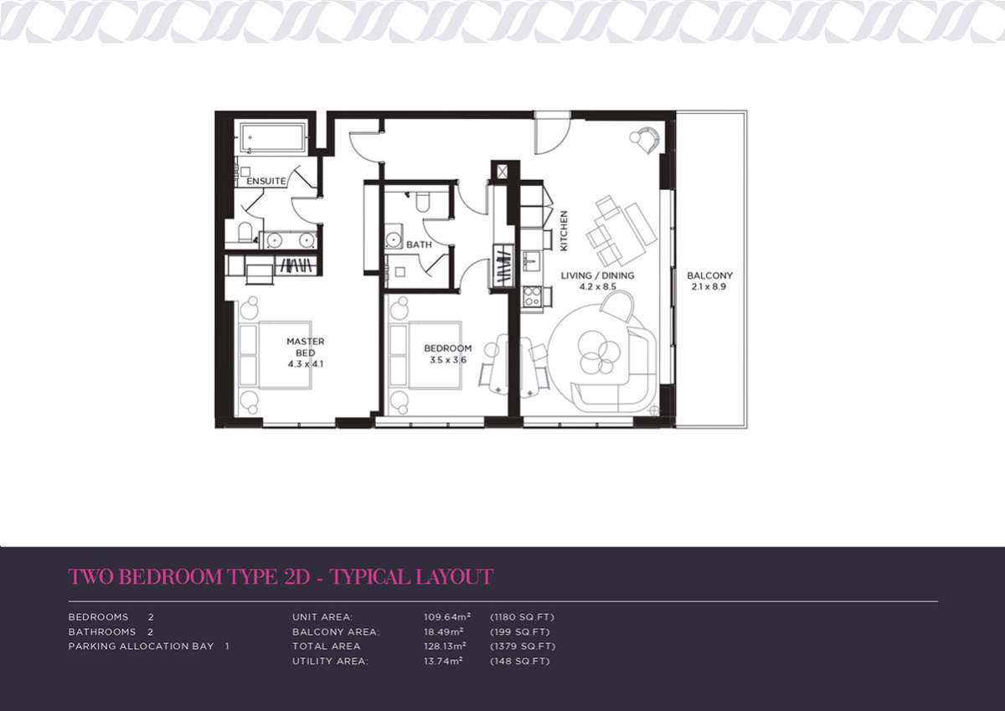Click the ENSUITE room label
(x=266, y=181)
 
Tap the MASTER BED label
(x=306, y=348)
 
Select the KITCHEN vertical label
(x=564, y=231)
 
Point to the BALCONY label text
(x=710, y=276)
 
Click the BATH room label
(x=419, y=245)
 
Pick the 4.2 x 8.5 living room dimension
(x=598, y=286)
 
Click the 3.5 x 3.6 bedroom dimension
(x=448, y=360)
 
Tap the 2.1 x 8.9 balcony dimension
(x=709, y=286)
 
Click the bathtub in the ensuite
(x=273, y=137)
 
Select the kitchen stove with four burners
(x=533, y=296)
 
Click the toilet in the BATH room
(x=423, y=202)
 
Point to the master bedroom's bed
(x=275, y=355)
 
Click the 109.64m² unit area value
(x=447, y=617)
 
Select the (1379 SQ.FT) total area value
(x=523, y=647)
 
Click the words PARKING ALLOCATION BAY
(x=141, y=647)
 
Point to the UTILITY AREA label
(x=330, y=662)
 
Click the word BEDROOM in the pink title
(x=172, y=577)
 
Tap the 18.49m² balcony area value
(x=443, y=631)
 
